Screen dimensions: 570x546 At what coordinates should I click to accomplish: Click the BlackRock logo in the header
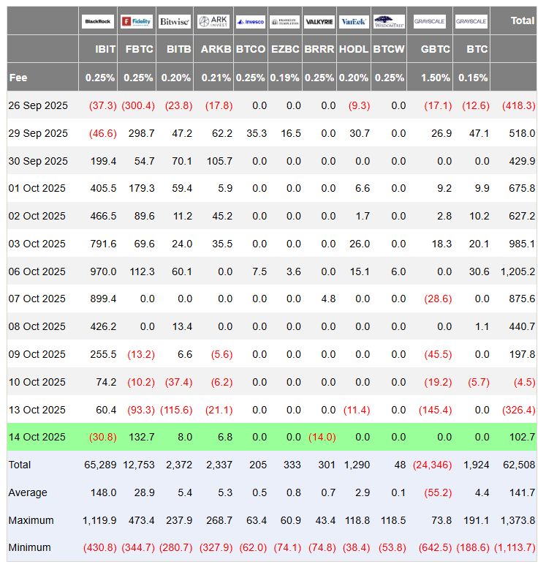98,22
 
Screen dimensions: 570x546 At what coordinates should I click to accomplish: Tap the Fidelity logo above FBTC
136,22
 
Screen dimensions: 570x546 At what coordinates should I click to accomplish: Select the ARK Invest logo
213,22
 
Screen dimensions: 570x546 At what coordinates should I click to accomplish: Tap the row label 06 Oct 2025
37,271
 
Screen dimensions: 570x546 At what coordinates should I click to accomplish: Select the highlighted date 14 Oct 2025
37,437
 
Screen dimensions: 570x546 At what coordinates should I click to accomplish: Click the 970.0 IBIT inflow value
103,271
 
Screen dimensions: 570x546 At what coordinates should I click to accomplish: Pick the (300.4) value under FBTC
138,105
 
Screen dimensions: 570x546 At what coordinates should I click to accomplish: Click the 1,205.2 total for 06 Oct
517,271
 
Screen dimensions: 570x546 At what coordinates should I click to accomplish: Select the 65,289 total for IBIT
101,465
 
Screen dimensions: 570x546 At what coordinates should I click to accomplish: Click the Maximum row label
31,520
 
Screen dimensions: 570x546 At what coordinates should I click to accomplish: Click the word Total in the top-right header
522,20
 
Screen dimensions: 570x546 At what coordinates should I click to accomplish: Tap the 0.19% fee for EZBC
284,78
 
